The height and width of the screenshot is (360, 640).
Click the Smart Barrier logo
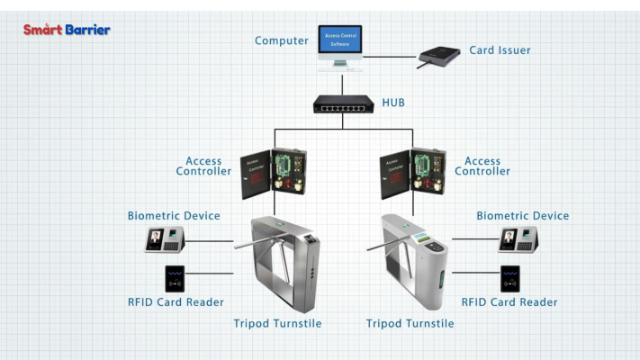[x=67, y=30]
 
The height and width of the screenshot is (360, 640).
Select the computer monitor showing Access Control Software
[x=340, y=43]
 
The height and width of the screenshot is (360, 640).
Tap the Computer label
[x=282, y=40]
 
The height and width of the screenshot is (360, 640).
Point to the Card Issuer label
[x=500, y=50]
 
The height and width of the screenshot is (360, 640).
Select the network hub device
[x=343, y=104]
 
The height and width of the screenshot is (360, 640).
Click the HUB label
[x=393, y=103]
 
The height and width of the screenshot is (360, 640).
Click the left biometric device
[x=165, y=239]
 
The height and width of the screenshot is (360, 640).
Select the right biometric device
[x=518, y=239]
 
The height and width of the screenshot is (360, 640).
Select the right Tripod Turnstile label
[x=410, y=324]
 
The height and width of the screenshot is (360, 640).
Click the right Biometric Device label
[x=522, y=216]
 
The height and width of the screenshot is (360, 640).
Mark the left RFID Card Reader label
[x=176, y=302]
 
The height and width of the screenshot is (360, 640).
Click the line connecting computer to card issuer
[x=389, y=57]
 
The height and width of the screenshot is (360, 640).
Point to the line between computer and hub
[x=342, y=83]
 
